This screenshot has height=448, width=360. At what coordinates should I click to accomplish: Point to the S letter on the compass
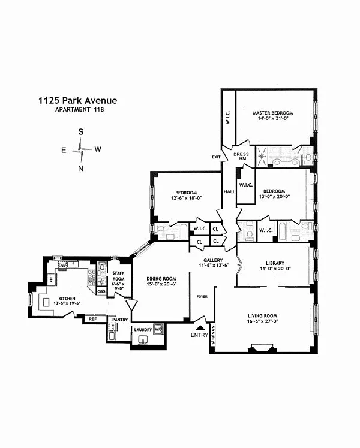pyautogui.click(x=80, y=133)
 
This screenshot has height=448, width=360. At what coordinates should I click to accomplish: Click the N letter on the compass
pyautogui.click(x=80, y=168)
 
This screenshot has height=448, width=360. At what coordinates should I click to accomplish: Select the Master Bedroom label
pyautogui.click(x=272, y=113)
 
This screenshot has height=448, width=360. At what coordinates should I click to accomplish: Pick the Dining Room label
pyautogui.click(x=162, y=278)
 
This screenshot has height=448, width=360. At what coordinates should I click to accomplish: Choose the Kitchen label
pyautogui.click(x=67, y=298)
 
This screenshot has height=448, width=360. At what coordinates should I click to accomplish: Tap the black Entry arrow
pyautogui.click(x=200, y=327)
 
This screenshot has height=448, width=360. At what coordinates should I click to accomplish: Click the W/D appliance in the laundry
pyautogui.click(x=158, y=329)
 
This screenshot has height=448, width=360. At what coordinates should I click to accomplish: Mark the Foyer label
pyautogui.click(x=202, y=296)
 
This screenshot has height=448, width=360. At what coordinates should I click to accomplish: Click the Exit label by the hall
pyautogui.click(x=216, y=157)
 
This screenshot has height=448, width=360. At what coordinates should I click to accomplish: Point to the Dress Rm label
pyautogui.click(x=241, y=157)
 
